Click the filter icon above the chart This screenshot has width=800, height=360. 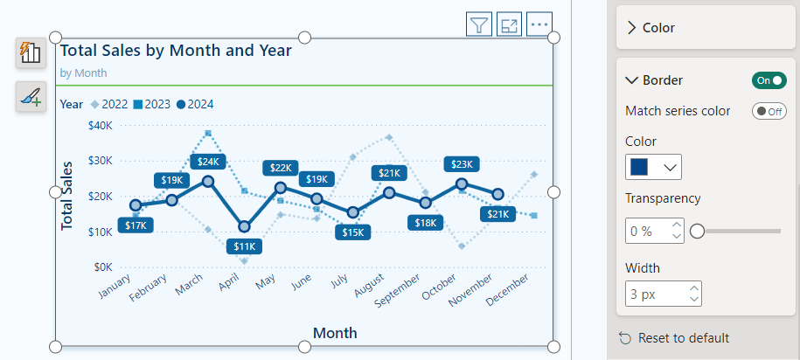[479, 25]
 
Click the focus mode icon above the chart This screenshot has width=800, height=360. [509, 25]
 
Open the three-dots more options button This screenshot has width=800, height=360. [539, 25]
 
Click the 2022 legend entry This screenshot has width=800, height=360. [108, 104]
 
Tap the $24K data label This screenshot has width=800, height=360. [208, 162]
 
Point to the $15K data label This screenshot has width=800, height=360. [353, 232]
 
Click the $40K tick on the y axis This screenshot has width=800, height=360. [100, 125]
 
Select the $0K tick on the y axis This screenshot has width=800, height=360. [102, 267]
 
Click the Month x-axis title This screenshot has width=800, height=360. [335, 333]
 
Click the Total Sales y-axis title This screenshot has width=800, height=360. [67, 196]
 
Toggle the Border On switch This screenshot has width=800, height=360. [769, 80]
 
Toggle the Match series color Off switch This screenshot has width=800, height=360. [769, 111]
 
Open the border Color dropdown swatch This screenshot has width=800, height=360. [653, 167]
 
